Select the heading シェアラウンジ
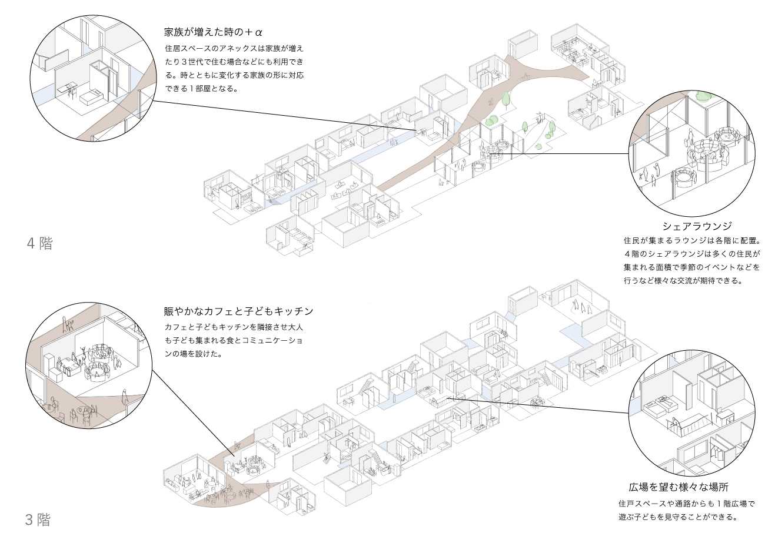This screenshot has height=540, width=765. pyautogui.click(x=696, y=226)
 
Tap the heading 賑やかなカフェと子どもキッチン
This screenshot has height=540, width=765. pyautogui.click(x=238, y=311)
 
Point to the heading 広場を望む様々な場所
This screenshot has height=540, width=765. pyautogui.click(x=678, y=487)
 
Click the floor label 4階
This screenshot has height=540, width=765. pyautogui.click(x=39, y=243)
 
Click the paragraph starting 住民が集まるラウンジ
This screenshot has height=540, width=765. pyautogui.click(x=692, y=260)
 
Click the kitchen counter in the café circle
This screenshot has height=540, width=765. pyautogui.click(x=64, y=368)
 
